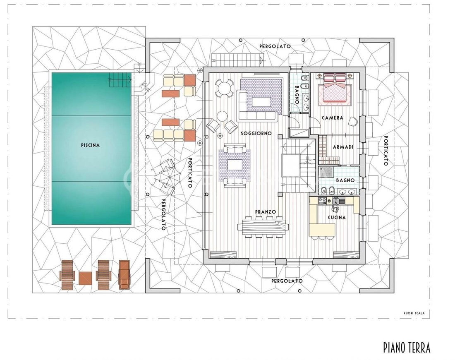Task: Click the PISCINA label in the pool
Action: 90,145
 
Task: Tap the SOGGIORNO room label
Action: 256,133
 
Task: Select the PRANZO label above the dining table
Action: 265,212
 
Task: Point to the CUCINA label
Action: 337,218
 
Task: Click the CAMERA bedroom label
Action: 333,118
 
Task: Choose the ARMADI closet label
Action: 343,147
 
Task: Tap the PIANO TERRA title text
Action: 407,347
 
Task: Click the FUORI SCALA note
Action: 414,313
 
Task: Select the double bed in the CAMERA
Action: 335,93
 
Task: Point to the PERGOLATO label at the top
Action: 275,46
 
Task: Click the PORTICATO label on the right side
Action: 386,150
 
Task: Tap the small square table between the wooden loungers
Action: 85,278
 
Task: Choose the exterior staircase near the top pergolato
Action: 237,60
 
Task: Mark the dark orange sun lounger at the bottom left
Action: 124,274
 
